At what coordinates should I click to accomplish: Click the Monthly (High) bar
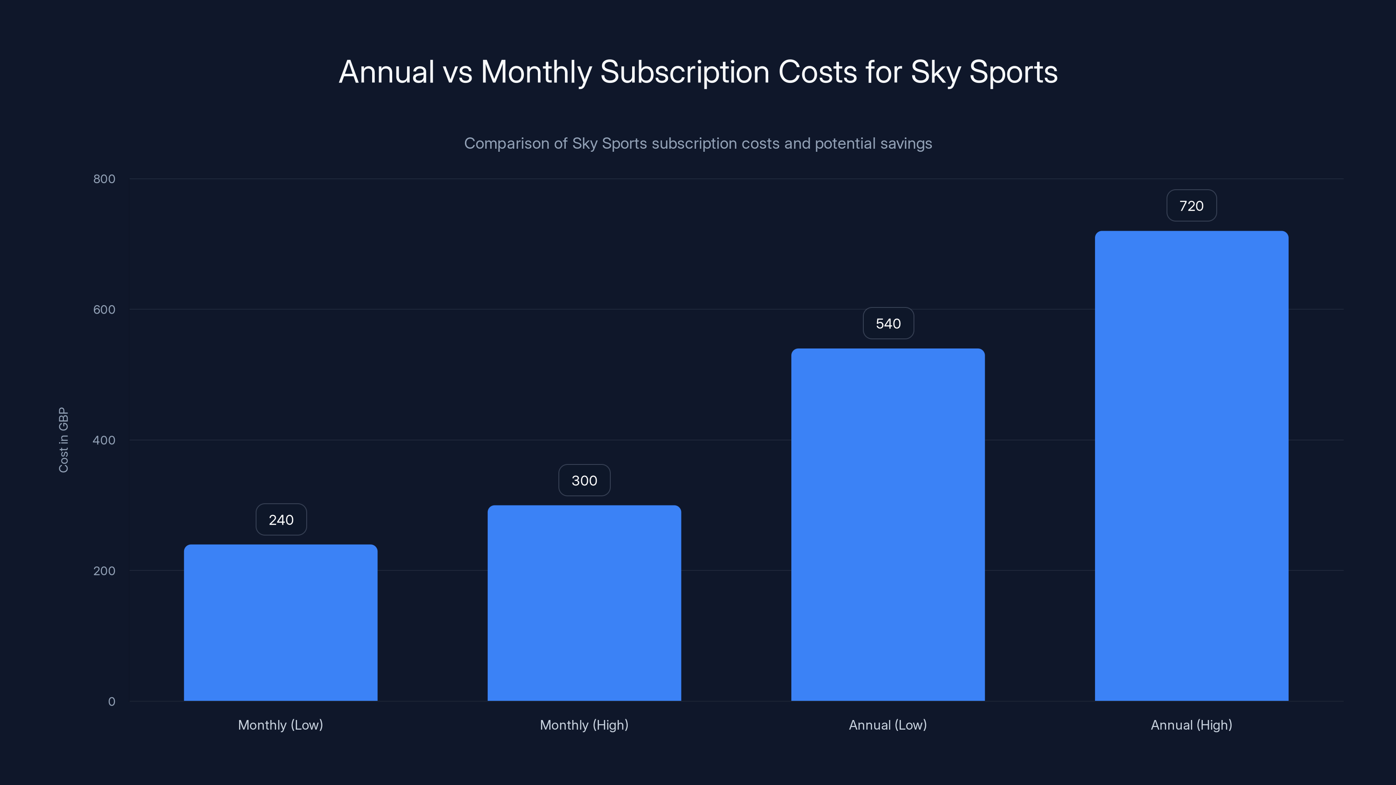(584, 603)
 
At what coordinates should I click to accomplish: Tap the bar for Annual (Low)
(888, 524)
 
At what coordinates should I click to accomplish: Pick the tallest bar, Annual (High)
(1191, 466)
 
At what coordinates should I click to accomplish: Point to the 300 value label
(584, 481)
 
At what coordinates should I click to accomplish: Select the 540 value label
(888, 324)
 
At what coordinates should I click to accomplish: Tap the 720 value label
(1191, 206)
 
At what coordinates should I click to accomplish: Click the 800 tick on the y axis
(104, 179)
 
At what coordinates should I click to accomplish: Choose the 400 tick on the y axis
(104, 440)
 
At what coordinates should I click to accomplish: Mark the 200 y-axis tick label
(104, 570)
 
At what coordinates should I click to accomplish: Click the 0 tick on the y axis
(112, 702)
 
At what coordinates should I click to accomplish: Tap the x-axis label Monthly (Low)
(280, 725)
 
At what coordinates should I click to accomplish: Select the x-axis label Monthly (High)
(584, 725)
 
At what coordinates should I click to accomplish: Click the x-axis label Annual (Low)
(888, 725)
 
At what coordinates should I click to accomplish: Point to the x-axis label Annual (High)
(1191, 725)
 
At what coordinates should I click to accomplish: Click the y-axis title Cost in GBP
(63, 440)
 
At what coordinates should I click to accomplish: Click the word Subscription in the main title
(684, 72)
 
